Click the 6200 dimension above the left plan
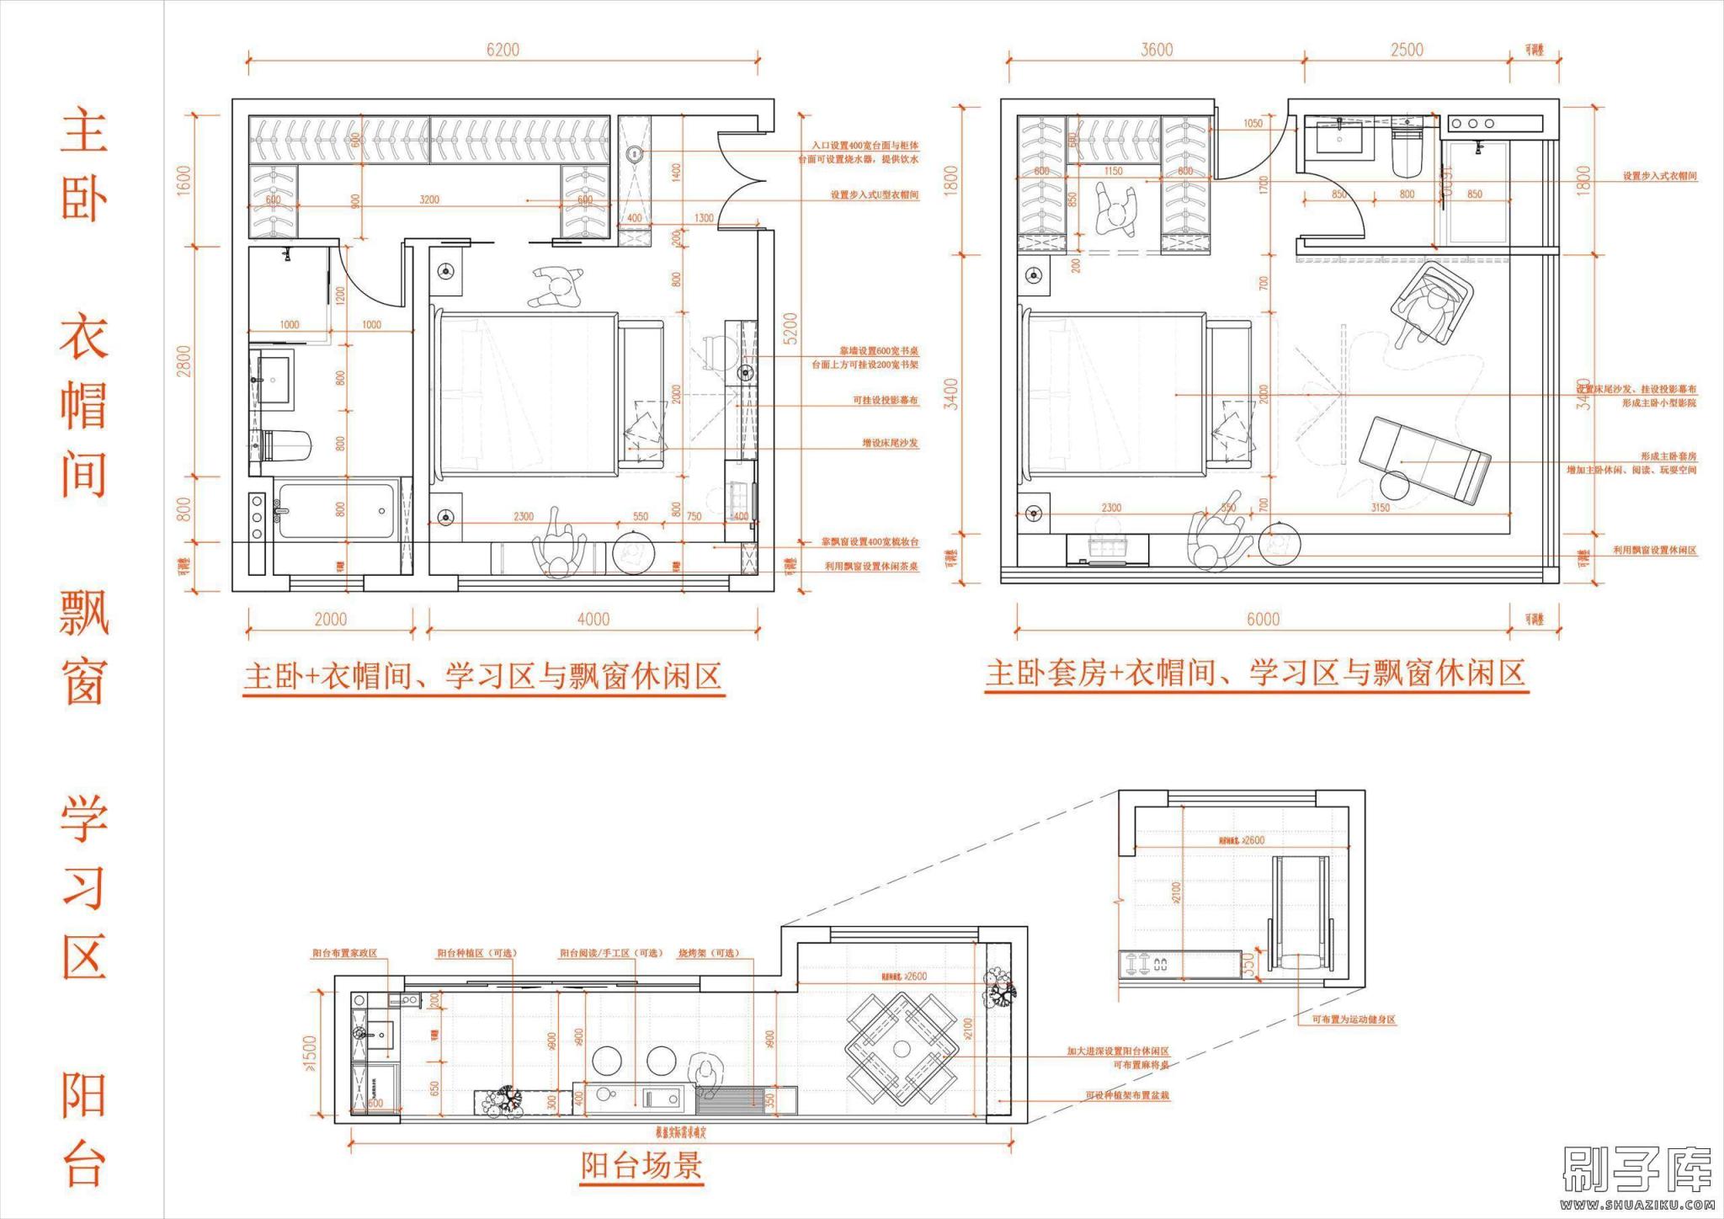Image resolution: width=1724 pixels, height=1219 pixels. point(503,50)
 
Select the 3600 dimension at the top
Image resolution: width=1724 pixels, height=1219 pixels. point(1157,50)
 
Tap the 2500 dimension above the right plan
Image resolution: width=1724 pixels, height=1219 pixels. point(1407,50)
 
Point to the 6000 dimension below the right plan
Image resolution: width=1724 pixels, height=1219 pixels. point(1263,620)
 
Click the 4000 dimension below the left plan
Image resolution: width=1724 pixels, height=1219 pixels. point(593,620)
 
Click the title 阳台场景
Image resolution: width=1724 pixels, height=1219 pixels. point(641,1166)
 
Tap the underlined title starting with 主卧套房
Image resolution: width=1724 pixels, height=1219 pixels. point(1255,674)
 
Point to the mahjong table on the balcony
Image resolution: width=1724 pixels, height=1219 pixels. point(902,1049)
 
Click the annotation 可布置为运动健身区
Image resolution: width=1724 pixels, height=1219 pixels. point(1354,1019)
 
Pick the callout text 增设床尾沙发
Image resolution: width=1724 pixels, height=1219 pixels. point(890,443)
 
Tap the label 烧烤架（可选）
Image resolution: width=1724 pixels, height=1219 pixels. point(709,953)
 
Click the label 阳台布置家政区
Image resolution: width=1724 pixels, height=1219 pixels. point(344,953)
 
